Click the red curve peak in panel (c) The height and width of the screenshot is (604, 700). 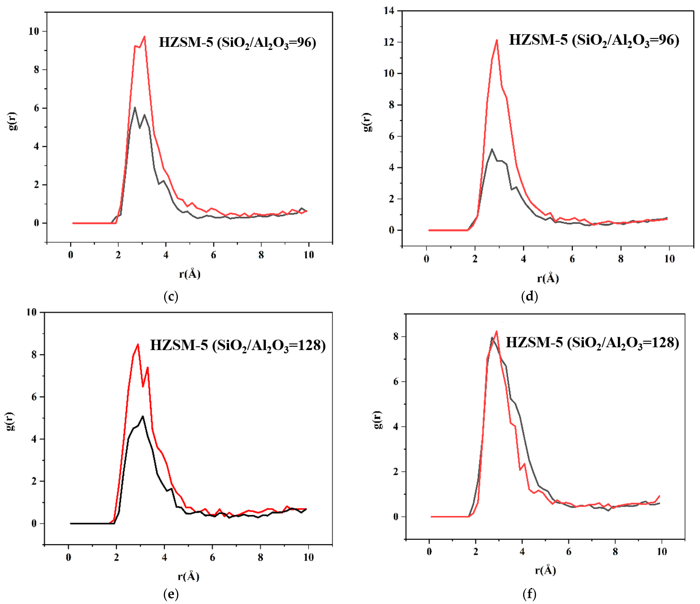[145, 36]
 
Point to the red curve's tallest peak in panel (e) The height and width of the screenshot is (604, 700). [138, 344]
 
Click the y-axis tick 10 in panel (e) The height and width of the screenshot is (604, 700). [31, 312]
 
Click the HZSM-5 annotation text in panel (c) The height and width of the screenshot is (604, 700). [186, 42]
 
